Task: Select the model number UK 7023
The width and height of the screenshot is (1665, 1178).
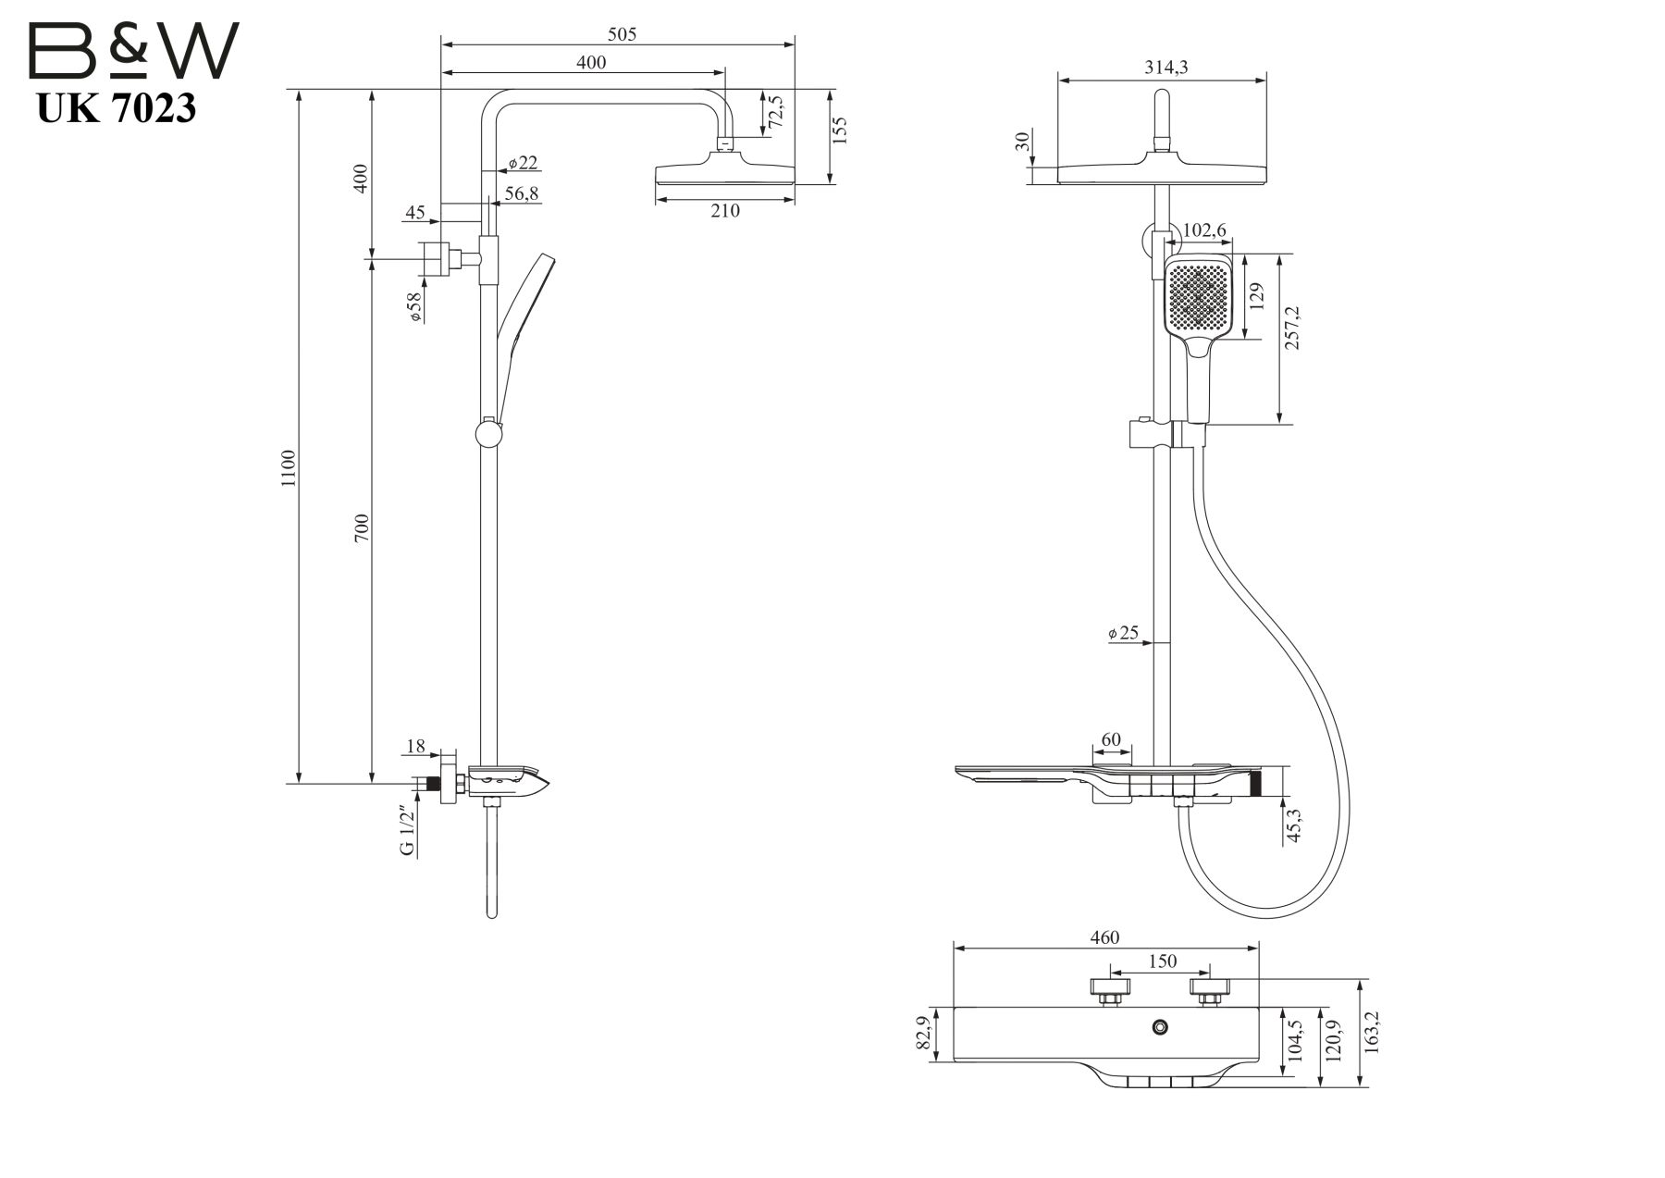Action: (117, 109)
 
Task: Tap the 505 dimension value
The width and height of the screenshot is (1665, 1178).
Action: (622, 35)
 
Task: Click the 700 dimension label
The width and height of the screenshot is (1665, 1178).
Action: (362, 527)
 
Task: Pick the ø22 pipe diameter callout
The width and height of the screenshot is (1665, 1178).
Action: (523, 164)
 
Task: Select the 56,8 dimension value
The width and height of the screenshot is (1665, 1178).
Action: (522, 193)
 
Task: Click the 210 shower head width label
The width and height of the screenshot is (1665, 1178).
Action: (724, 211)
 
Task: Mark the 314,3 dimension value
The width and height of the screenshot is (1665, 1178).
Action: (1165, 68)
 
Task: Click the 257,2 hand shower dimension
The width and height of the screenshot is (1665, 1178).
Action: (1292, 327)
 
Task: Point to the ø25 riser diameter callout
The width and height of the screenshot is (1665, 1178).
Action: (1123, 634)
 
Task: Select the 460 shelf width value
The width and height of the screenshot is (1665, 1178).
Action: (1104, 937)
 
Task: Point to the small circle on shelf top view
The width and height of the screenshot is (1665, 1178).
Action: (1160, 1026)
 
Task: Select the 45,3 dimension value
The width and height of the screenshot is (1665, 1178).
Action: (1294, 825)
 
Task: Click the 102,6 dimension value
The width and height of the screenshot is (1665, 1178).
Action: (1204, 230)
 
